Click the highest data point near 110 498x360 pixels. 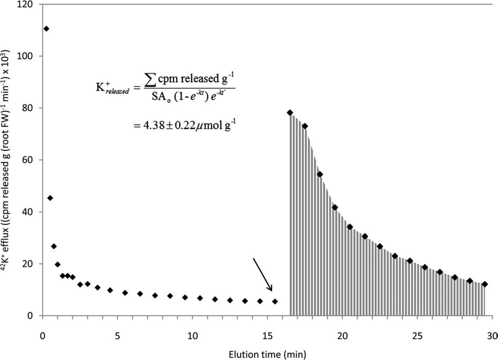(46, 28)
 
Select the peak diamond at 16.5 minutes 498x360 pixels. (290, 112)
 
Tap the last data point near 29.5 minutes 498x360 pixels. (485, 284)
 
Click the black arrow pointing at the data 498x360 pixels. (263, 274)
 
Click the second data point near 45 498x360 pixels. (50, 198)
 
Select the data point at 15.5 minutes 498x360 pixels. (275, 301)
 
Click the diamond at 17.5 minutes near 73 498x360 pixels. (305, 126)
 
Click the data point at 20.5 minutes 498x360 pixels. (350, 226)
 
